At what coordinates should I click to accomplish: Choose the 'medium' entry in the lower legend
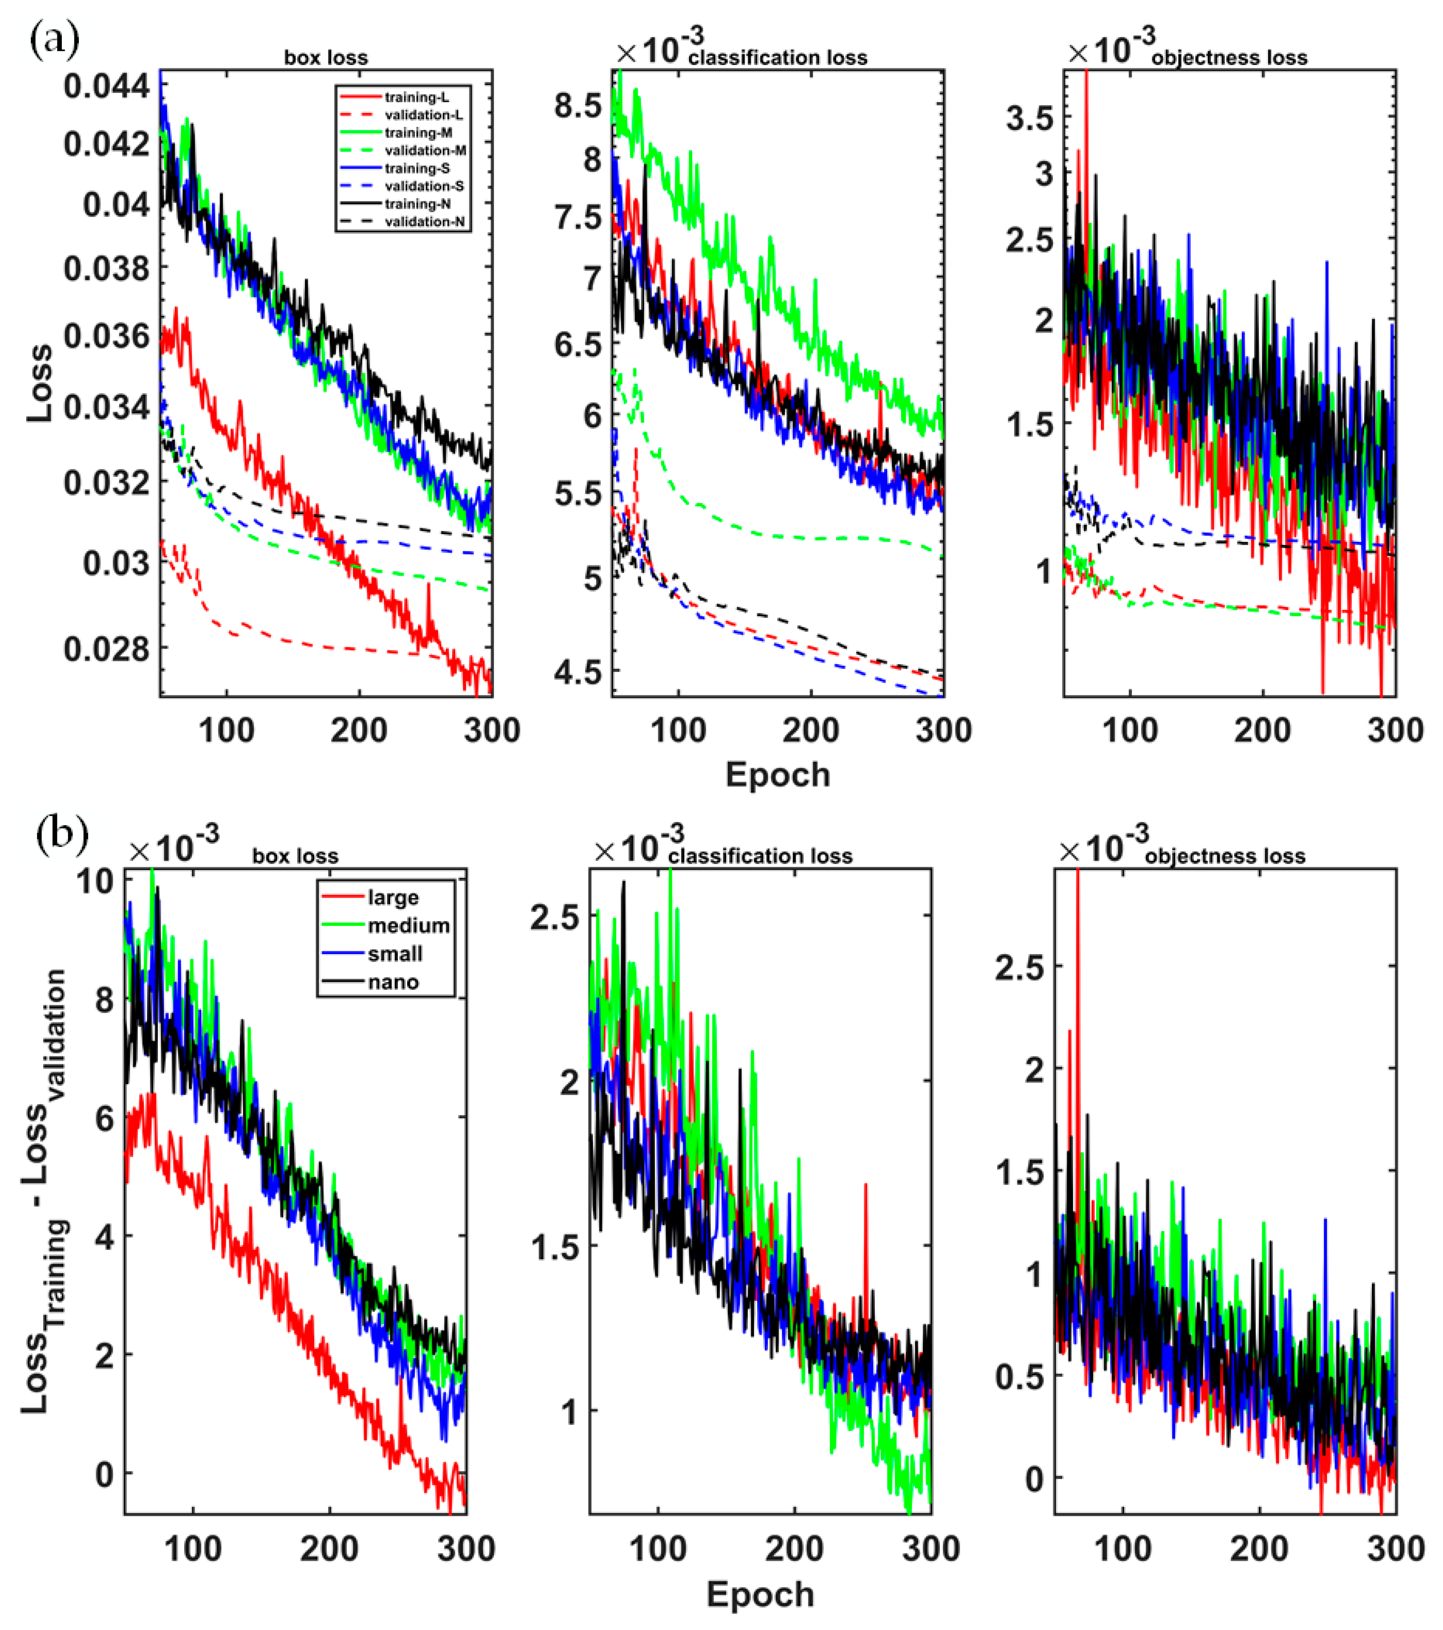pyautogui.click(x=407, y=926)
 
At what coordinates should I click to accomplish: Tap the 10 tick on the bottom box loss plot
pyautogui.click(x=94, y=881)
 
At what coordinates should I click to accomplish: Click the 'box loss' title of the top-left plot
pyautogui.click(x=326, y=57)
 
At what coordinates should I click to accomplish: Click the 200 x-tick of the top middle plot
pyautogui.click(x=811, y=730)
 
